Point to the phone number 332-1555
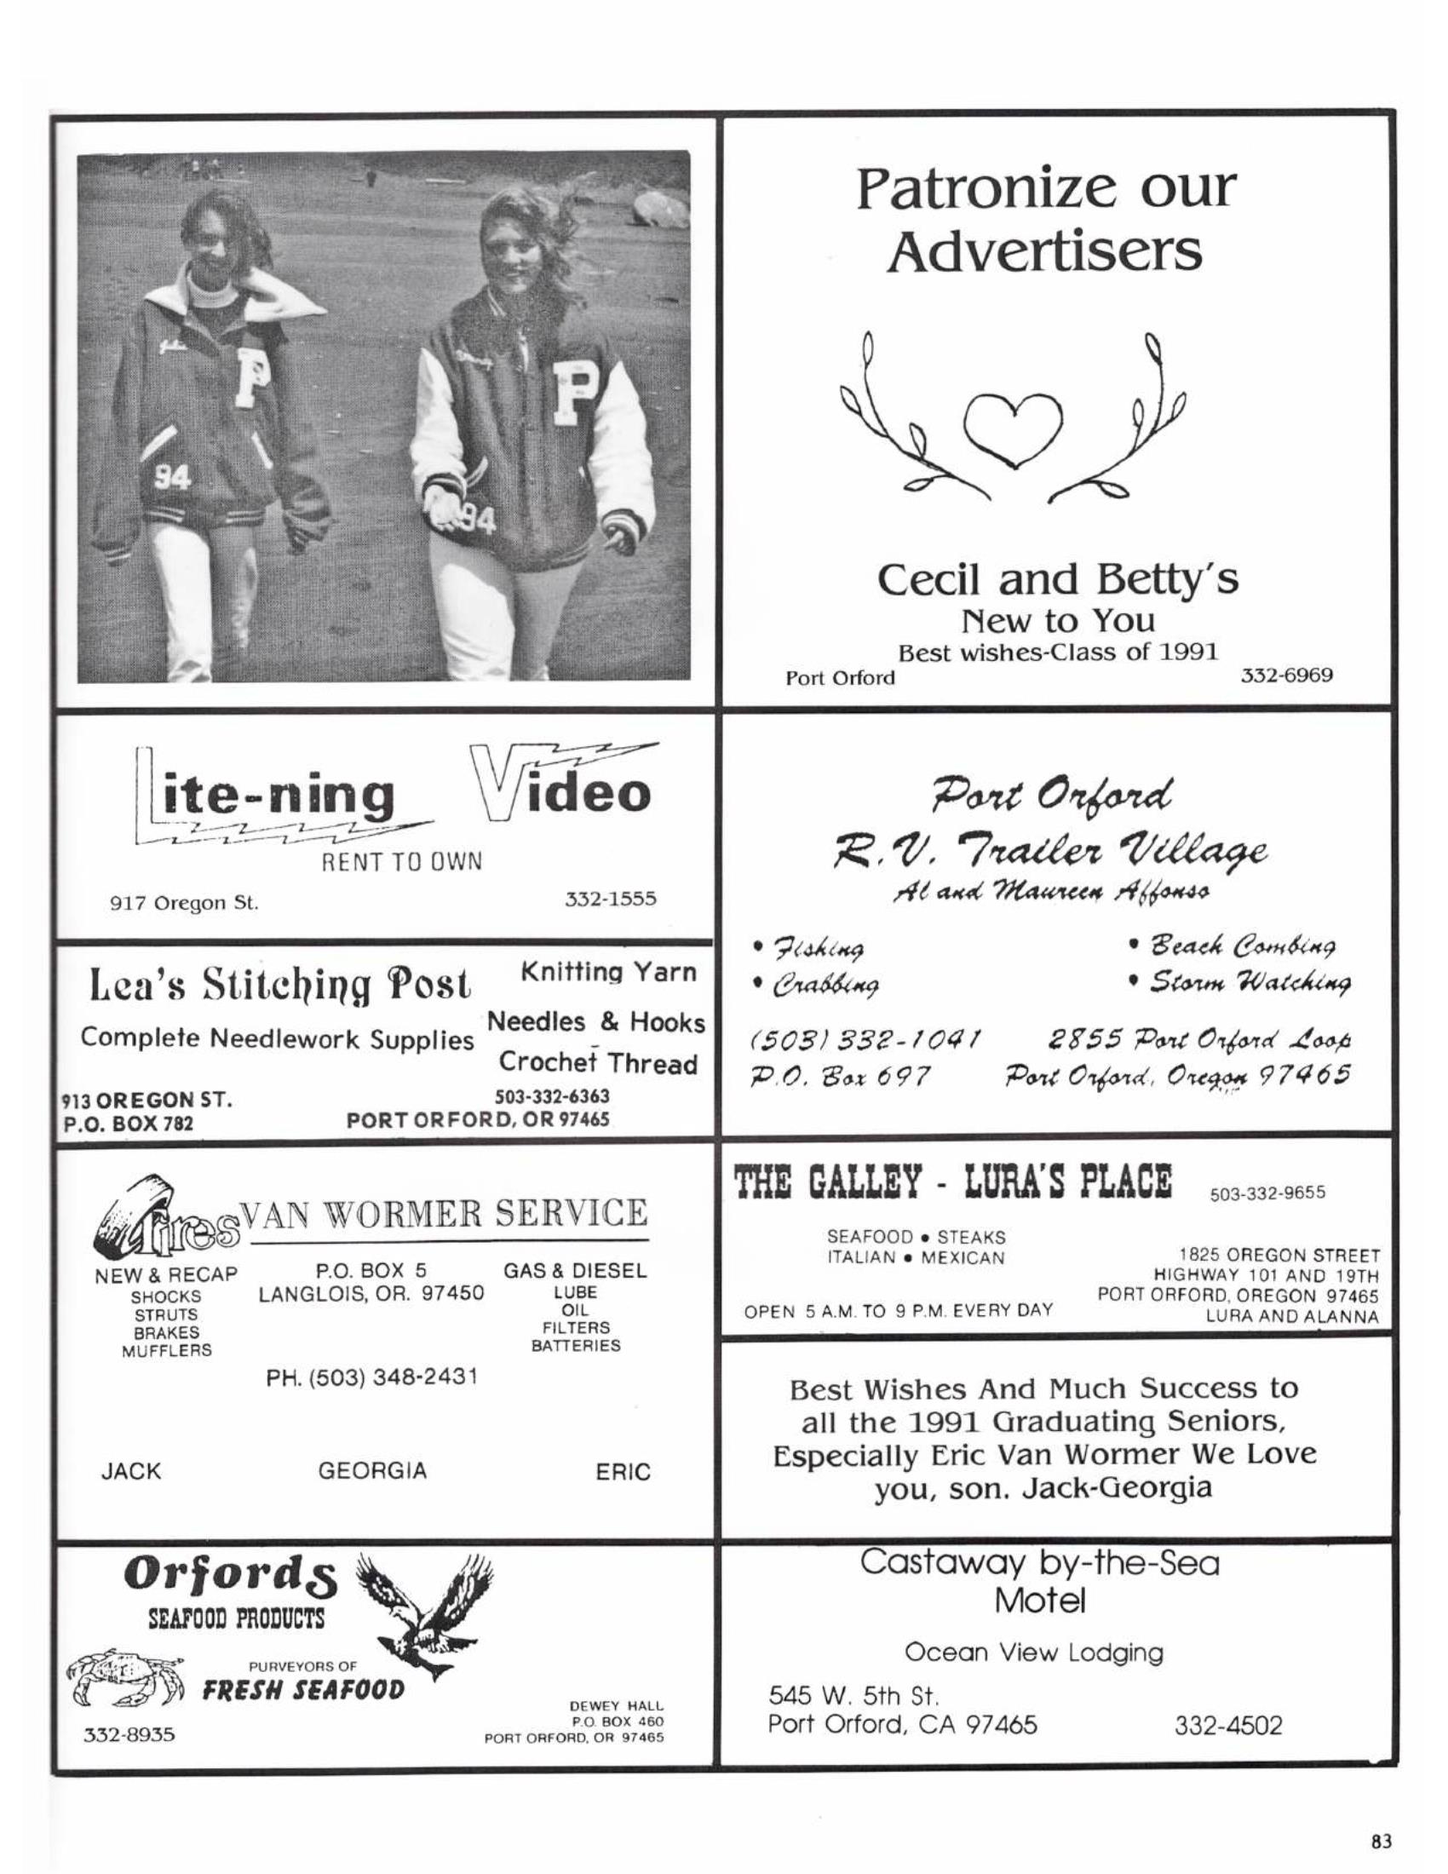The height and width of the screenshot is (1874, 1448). point(610,899)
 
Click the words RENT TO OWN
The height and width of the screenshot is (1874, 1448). point(401,860)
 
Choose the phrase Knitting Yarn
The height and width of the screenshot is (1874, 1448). point(608,972)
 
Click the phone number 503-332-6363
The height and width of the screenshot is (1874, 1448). point(553,1096)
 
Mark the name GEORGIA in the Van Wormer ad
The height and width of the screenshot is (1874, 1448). point(371,1471)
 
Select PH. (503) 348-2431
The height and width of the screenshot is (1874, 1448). point(371,1377)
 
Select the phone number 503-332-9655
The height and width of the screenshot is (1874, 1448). point(1267,1192)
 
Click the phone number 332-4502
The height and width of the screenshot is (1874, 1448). point(1227,1725)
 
